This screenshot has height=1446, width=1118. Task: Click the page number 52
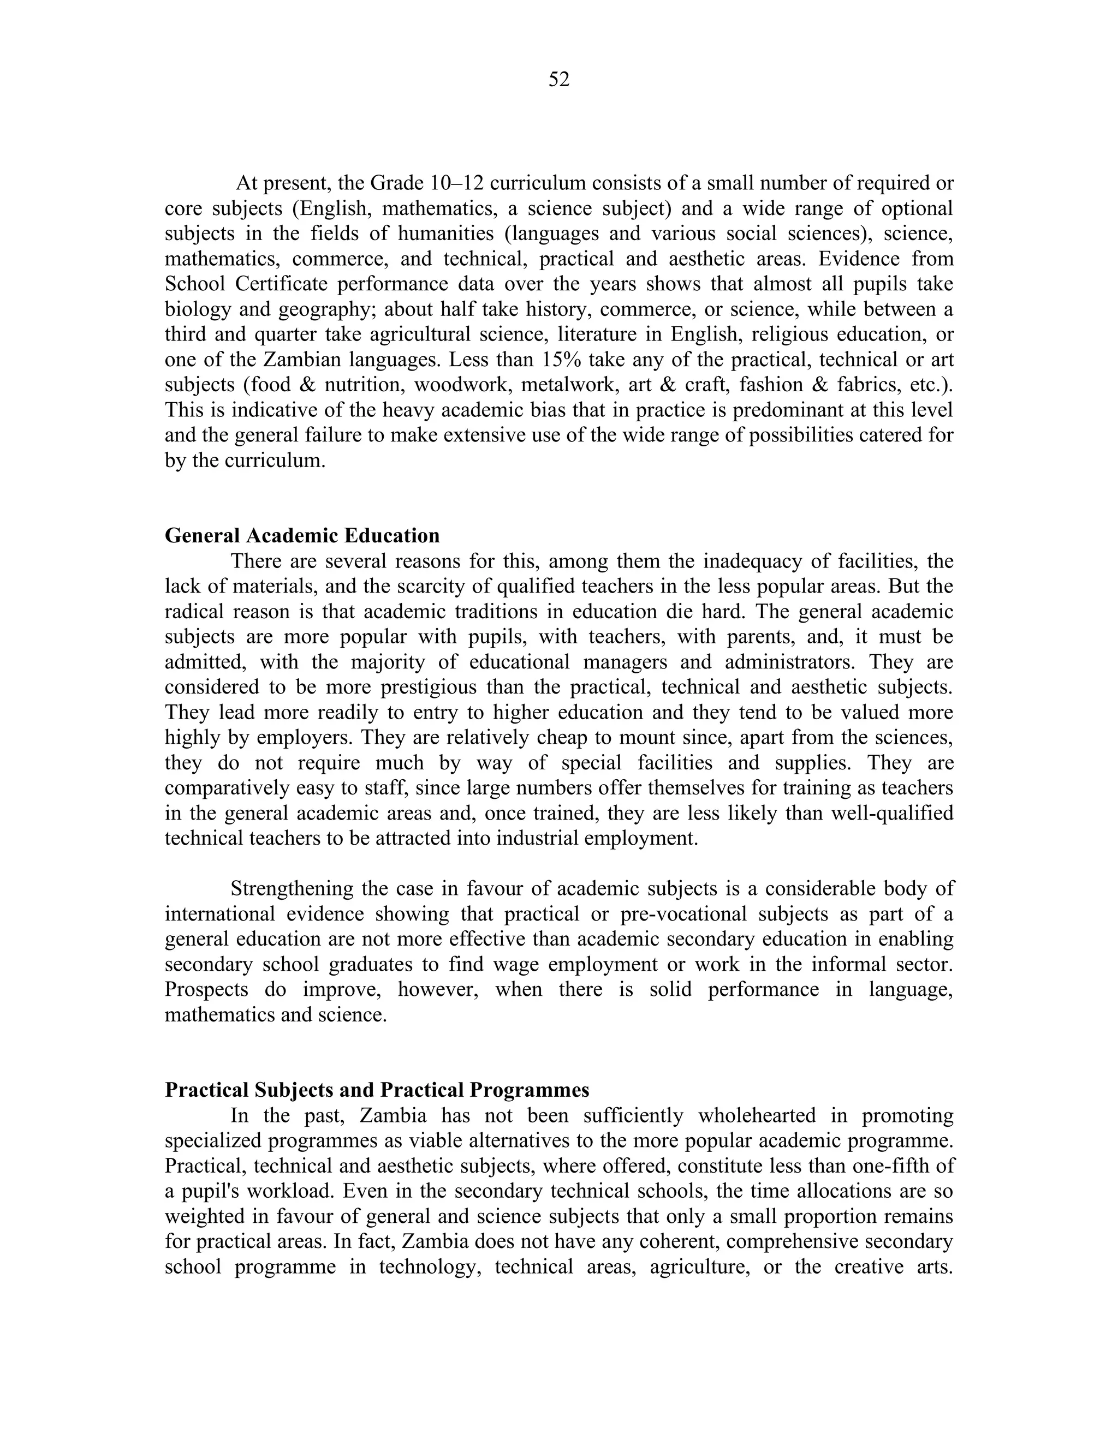pyautogui.click(x=559, y=80)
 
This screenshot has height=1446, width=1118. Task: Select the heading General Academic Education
pyautogui.click(x=302, y=536)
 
